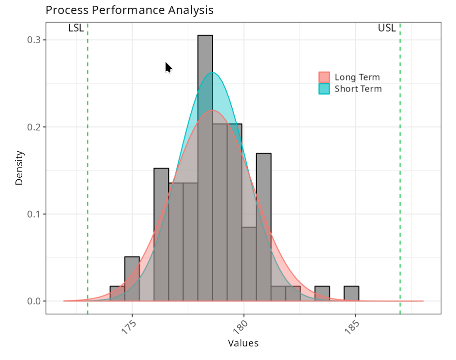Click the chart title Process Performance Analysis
(x=129, y=10)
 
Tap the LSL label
(x=76, y=28)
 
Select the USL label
(x=386, y=28)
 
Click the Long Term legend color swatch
(x=324, y=77)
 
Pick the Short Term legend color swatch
(x=324, y=89)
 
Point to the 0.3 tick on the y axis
(x=33, y=40)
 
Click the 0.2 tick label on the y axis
(x=33, y=127)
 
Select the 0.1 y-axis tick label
(x=33, y=214)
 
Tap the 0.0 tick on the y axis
(x=33, y=301)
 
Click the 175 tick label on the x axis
(x=128, y=326)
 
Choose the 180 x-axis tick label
(x=240, y=326)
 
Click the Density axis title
(x=19, y=168)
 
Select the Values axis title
(x=243, y=344)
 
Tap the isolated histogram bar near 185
(x=351, y=294)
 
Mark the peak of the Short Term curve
(x=213, y=73)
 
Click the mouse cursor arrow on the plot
(x=168, y=67)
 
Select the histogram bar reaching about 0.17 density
(x=263, y=194)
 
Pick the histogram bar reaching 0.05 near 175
(x=132, y=279)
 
